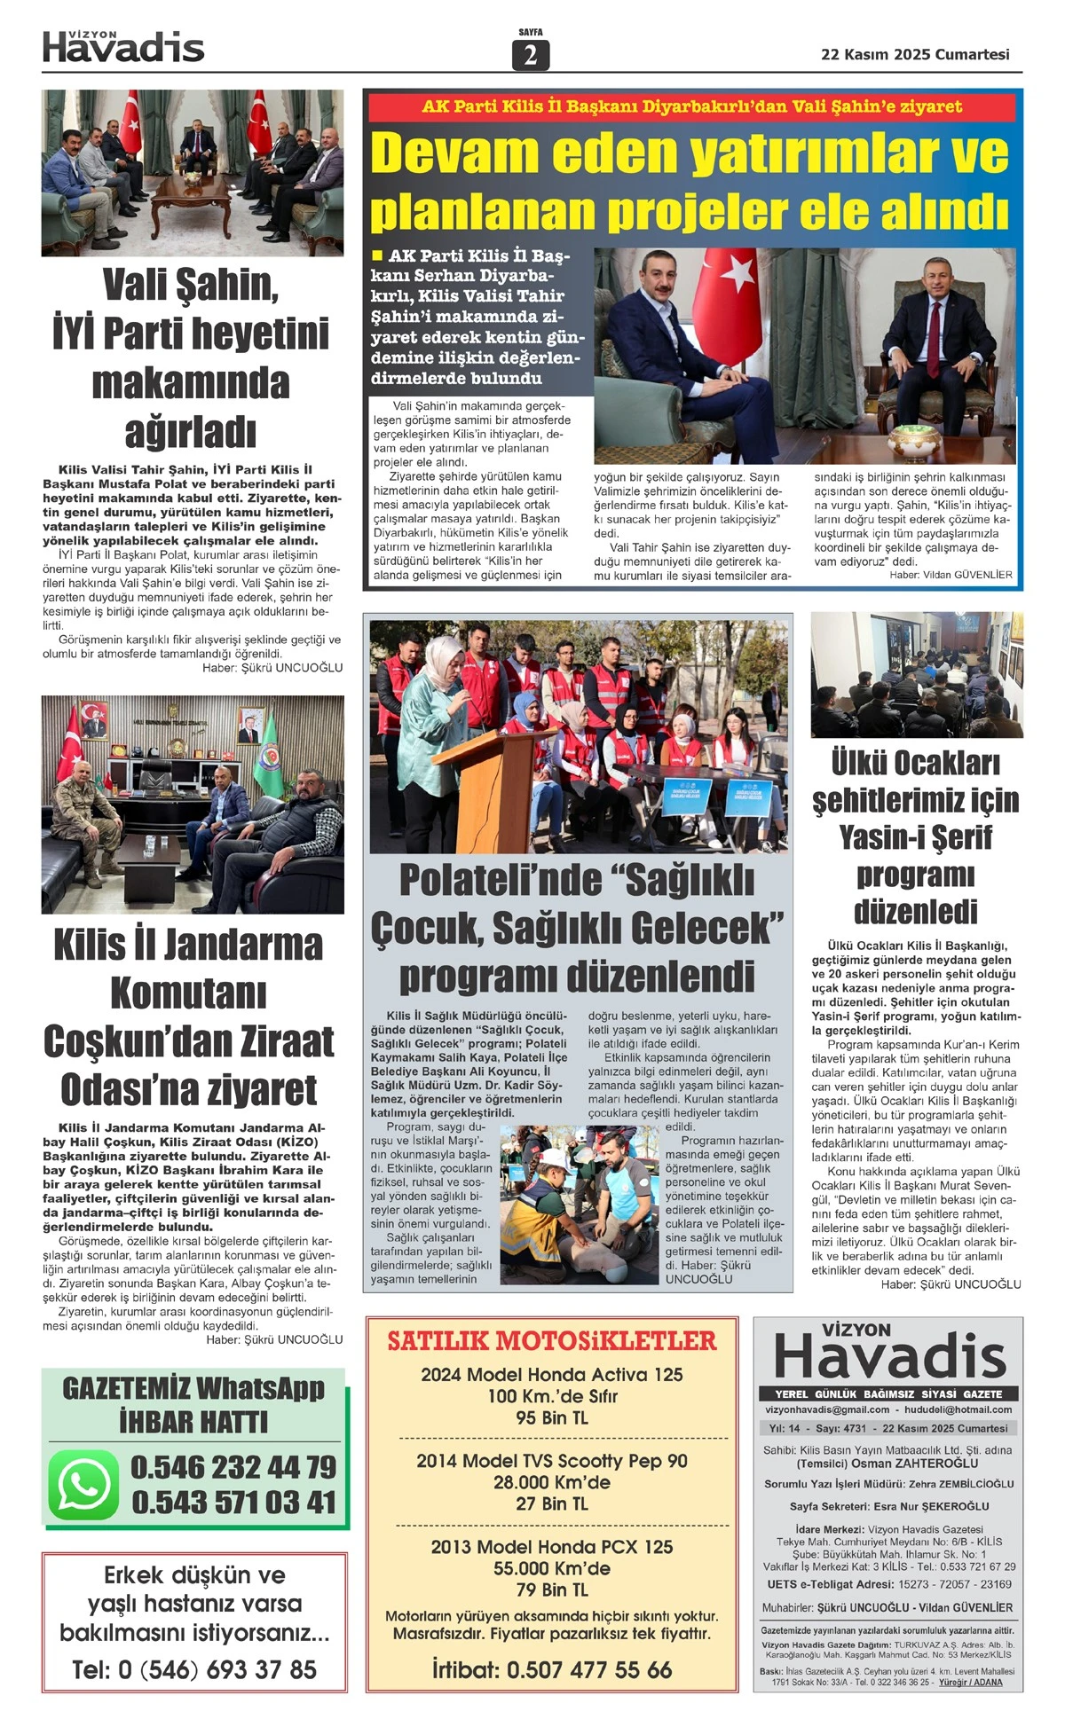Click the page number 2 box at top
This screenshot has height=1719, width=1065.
[x=530, y=55]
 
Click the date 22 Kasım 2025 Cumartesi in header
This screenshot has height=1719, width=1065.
[x=915, y=54]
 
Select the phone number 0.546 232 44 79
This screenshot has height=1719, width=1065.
[x=233, y=1467]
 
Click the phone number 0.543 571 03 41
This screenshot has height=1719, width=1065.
[x=233, y=1503]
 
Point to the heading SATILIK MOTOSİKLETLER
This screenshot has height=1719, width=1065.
[x=551, y=1341]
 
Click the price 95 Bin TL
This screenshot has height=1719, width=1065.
[x=551, y=1417]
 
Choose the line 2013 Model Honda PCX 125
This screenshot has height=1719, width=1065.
[x=551, y=1547]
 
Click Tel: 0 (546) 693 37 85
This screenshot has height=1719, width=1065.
[x=194, y=1669]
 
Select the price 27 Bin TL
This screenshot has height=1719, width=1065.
[x=551, y=1503]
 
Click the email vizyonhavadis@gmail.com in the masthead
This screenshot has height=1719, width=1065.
[x=827, y=1409]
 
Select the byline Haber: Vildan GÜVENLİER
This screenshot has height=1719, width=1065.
[x=951, y=575]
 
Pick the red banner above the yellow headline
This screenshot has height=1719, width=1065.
[x=691, y=106]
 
